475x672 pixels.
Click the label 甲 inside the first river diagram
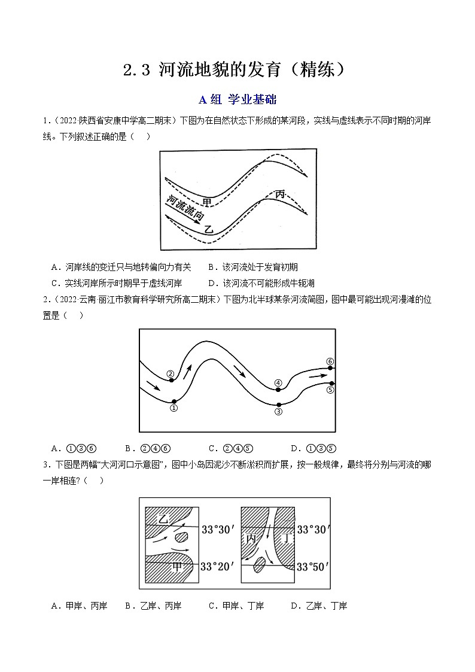[x=206, y=202]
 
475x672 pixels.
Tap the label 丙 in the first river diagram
[x=280, y=194]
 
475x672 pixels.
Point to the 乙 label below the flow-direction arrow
[x=208, y=229]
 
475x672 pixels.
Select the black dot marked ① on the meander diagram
[x=173, y=402]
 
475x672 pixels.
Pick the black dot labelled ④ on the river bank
[x=278, y=390]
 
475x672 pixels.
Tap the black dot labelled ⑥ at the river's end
[x=331, y=368]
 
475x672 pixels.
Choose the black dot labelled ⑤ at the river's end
[x=331, y=383]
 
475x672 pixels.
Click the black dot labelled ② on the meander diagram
[x=170, y=381]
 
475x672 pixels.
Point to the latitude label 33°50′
[x=313, y=566]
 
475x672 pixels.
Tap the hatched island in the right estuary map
[x=260, y=565]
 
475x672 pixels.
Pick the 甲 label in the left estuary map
[x=177, y=566]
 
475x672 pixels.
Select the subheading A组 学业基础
[x=237, y=99]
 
